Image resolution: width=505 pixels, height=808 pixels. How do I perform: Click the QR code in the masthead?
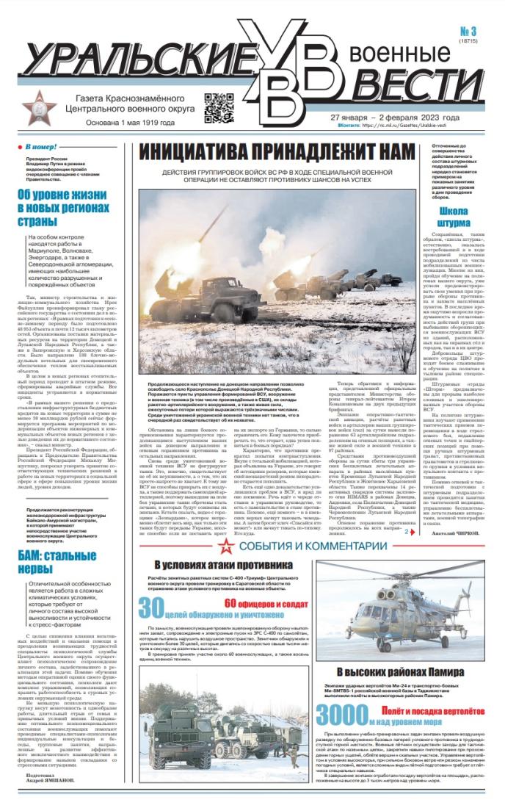pyautogui.click(x=218, y=108)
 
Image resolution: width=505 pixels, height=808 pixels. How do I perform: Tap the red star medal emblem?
pyautogui.click(x=37, y=108)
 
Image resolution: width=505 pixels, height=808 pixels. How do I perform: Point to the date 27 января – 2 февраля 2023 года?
pyautogui.click(x=395, y=118)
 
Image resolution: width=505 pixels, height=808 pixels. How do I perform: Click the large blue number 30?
pyautogui.click(x=150, y=608)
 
